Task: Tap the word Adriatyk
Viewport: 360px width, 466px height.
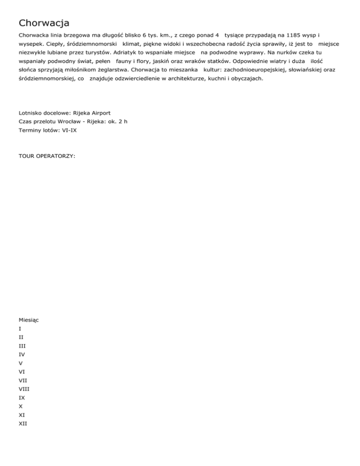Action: tap(127, 52)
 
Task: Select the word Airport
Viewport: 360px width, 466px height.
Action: tap(100, 113)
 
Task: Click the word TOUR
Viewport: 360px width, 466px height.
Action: tap(28, 155)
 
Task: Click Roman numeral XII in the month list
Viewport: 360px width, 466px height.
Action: tap(23, 423)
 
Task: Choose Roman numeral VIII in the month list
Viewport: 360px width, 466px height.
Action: tap(24, 389)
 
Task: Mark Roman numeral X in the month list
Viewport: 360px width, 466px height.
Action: tap(21, 406)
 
